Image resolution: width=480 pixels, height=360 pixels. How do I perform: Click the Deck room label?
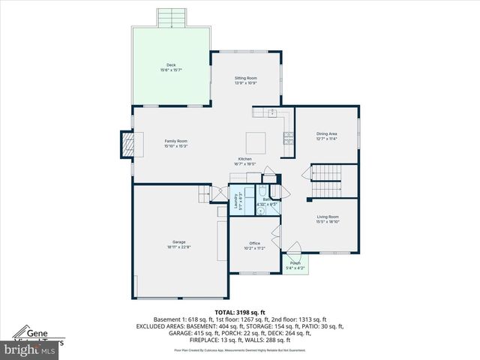[x=171, y=65]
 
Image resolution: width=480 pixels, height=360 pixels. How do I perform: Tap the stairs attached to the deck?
[x=171, y=17]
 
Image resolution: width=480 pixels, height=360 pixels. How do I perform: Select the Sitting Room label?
[x=245, y=77]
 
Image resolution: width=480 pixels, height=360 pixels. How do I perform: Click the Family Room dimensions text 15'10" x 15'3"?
[x=176, y=146]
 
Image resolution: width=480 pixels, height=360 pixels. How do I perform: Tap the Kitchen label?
[x=245, y=159]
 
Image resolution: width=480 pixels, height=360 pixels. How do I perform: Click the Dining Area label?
[x=327, y=133]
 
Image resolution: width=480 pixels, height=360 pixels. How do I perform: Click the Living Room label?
[x=328, y=217]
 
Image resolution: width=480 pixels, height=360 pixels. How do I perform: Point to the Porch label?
[x=295, y=262]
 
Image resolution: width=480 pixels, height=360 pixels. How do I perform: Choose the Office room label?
[x=254, y=243]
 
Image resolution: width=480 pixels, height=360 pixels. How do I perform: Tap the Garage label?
[x=178, y=241]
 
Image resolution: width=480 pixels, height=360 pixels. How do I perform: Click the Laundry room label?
[x=235, y=201]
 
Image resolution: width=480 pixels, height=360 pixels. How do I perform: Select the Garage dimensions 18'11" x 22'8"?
[x=178, y=247]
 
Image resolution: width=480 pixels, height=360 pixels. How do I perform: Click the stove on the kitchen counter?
[x=288, y=137]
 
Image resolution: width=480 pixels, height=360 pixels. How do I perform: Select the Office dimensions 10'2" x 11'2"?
[x=254, y=248]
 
